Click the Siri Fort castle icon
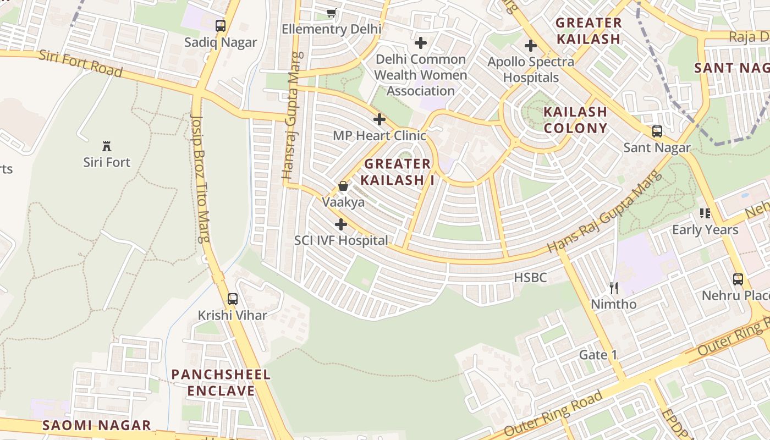click(107, 146)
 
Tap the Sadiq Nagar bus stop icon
click(221, 25)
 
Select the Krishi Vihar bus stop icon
click(233, 299)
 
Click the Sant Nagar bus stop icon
click(657, 131)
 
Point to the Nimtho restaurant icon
click(614, 288)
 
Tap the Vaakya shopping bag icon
click(343, 186)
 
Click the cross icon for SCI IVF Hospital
click(341, 224)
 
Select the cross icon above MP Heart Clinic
click(379, 119)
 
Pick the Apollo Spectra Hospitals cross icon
click(531, 46)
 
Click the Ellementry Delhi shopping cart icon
click(331, 13)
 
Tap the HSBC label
click(530, 278)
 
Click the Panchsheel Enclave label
click(221, 383)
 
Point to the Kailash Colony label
click(575, 120)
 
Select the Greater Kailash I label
click(397, 172)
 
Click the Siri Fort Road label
click(80, 63)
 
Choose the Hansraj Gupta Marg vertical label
click(291, 116)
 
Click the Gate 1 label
click(598, 355)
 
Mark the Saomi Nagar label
click(97, 425)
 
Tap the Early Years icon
click(705, 213)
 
